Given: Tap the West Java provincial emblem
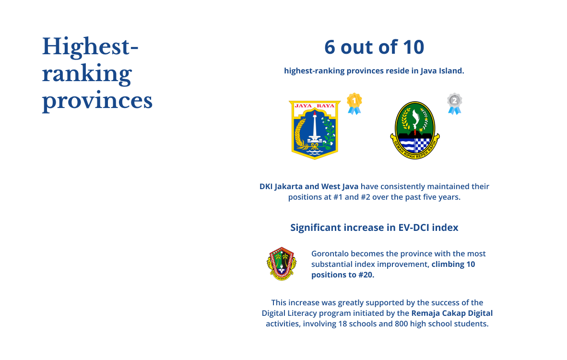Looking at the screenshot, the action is (415, 130).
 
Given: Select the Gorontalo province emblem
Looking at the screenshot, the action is (281, 264).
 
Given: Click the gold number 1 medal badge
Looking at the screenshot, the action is (354, 104).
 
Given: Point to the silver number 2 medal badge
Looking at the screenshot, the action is (455, 104).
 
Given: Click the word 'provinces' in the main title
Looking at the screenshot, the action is (97, 101).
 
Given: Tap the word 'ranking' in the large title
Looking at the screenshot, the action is (87, 74).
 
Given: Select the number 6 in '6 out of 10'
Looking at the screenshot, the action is (330, 48).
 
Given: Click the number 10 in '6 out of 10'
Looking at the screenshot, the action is (413, 48).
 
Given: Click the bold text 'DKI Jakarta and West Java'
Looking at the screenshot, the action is (309, 187).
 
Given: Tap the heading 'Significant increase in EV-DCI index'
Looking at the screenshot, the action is (374, 228).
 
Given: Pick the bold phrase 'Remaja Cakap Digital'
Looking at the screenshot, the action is (452, 313).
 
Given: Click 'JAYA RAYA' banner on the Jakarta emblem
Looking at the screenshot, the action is (315, 106).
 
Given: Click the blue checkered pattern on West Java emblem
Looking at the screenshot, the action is (422, 145).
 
